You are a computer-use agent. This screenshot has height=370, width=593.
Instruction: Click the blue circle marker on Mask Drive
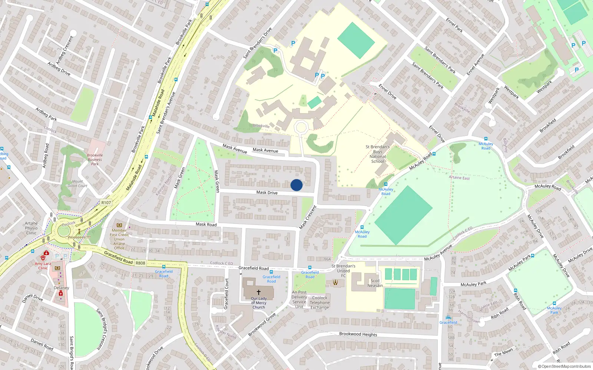pyautogui.click(x=296, y=185)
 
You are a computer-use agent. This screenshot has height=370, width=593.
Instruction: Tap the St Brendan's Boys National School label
pyautogui.click(x=377, y=154)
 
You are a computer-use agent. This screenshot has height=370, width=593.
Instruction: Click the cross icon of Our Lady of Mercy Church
pyautogui.click(x=259, y=292)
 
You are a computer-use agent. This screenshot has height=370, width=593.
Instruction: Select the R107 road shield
pyautogui.click(x=106, y=202)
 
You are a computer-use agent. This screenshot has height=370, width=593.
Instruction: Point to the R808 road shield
pyautogui.click(x=140, y=263)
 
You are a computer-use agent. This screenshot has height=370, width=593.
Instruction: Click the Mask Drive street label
pyautogui.click(x=267, y=192)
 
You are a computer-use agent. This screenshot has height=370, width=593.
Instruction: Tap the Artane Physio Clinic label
pyautogui.click(x=32, y=228)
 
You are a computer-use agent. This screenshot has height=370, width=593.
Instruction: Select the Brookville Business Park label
pyautogui.click(x=95, y=159)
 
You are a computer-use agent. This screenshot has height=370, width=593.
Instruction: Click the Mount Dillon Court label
pyautogui.click(x=77, y=184)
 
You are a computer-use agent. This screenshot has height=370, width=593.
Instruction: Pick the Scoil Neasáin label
pyautogui.click(x=375, y=283)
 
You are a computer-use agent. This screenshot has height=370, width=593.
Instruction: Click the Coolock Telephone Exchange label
pyautogui.click(x=319, y=302)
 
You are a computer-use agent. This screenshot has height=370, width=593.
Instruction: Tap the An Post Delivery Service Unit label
pyautogui.click(x=299, y=299)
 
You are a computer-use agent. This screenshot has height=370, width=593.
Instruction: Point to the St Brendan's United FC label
pyautogui.click(x=343, y=270)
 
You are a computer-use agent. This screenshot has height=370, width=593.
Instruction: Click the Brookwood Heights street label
pyautogui.click(x=358, y=334)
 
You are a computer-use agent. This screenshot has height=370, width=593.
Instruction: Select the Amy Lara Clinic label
pyautogui.click(x=43, y=266)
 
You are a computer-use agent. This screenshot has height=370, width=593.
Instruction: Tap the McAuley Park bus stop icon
pyautogui.click(x=533, y=255)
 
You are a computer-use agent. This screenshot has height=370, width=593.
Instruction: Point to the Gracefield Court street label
pyautogui.click(x=226, y=294)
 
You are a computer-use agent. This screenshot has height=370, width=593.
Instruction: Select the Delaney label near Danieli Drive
pyautogui.click(x=62, y=287)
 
